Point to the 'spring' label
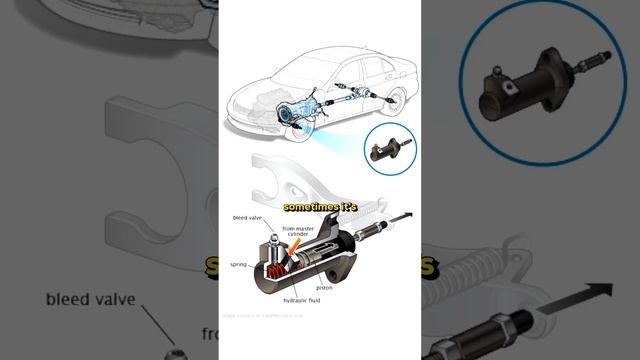(237, 264)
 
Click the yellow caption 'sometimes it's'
(319, 206)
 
